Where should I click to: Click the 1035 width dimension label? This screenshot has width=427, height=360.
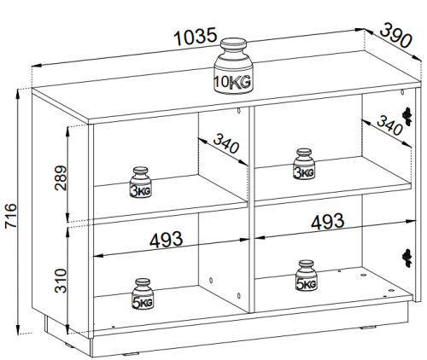tap(196, 37)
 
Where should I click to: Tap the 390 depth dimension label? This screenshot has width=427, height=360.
tap(396, 35)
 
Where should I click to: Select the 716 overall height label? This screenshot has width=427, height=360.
tap(11, 215)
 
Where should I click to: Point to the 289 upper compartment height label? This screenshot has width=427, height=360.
tap(61, 177)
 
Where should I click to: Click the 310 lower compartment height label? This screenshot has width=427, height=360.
tap(61, 281)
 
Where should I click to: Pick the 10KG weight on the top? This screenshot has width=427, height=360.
tap(233, 66)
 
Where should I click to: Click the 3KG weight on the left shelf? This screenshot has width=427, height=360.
tap(140, 183)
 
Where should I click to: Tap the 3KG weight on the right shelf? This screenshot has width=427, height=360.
tap(304, 164)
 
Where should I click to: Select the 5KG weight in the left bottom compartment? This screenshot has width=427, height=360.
tap(143, 293)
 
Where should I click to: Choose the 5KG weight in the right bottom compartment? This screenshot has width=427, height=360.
tap(307, 276)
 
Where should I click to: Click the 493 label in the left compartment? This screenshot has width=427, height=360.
tap(167, 240)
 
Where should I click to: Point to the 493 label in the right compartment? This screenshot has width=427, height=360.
tap(328, 222)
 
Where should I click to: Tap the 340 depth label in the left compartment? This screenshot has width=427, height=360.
tap(226, 143)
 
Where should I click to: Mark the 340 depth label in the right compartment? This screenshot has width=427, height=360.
tap(389, 125)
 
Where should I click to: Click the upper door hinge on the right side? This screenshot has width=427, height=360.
tap(407, 116)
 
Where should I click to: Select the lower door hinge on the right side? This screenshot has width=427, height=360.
tap(407, 258)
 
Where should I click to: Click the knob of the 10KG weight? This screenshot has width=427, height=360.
tap(233, 44)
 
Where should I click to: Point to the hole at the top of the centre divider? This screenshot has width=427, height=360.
tap(238, 111)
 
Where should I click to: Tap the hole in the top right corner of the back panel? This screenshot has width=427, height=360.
tap(402, 92)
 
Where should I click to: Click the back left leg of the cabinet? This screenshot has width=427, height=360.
tap(45, 322)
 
